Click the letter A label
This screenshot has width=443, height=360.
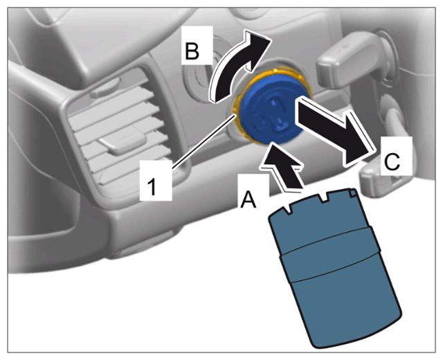248,199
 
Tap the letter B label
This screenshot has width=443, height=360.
192,51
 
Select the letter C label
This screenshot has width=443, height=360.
392,161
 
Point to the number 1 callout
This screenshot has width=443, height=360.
152,187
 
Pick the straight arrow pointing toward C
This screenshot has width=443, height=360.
335,130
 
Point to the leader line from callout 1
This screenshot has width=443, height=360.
203,142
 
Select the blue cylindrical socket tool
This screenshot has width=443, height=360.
335,267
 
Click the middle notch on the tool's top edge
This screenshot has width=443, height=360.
323,198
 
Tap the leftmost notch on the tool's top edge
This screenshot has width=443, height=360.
287,209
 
